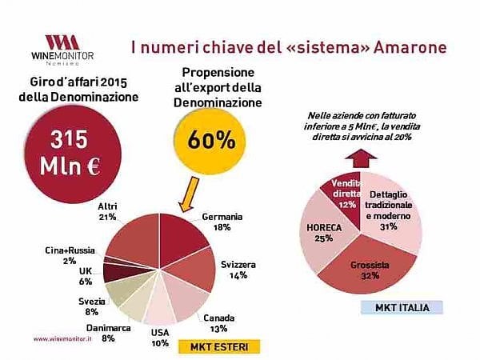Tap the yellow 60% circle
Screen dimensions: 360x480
pos(211,139)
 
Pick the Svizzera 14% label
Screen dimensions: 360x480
pos(236,268)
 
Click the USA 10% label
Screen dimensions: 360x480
pos(161,337)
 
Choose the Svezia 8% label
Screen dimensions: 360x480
pos(83,306)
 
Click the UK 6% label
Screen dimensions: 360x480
pos(83,276)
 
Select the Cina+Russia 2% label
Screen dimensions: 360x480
pos(71,254)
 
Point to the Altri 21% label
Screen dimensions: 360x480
pos(108,211)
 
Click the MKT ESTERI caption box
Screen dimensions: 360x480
pos(217,346)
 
